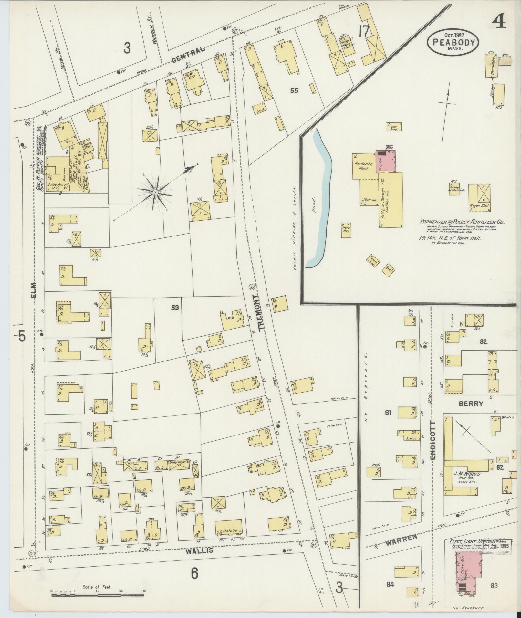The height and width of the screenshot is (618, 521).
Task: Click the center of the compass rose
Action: click(155, 193)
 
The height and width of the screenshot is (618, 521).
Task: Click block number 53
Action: click(175, 308)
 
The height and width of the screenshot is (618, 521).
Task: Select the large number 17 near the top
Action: click(364, 32)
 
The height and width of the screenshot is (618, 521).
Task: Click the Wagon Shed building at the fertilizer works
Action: click(479, 195)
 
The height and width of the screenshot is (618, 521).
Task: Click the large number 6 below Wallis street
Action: click(194, 574)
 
